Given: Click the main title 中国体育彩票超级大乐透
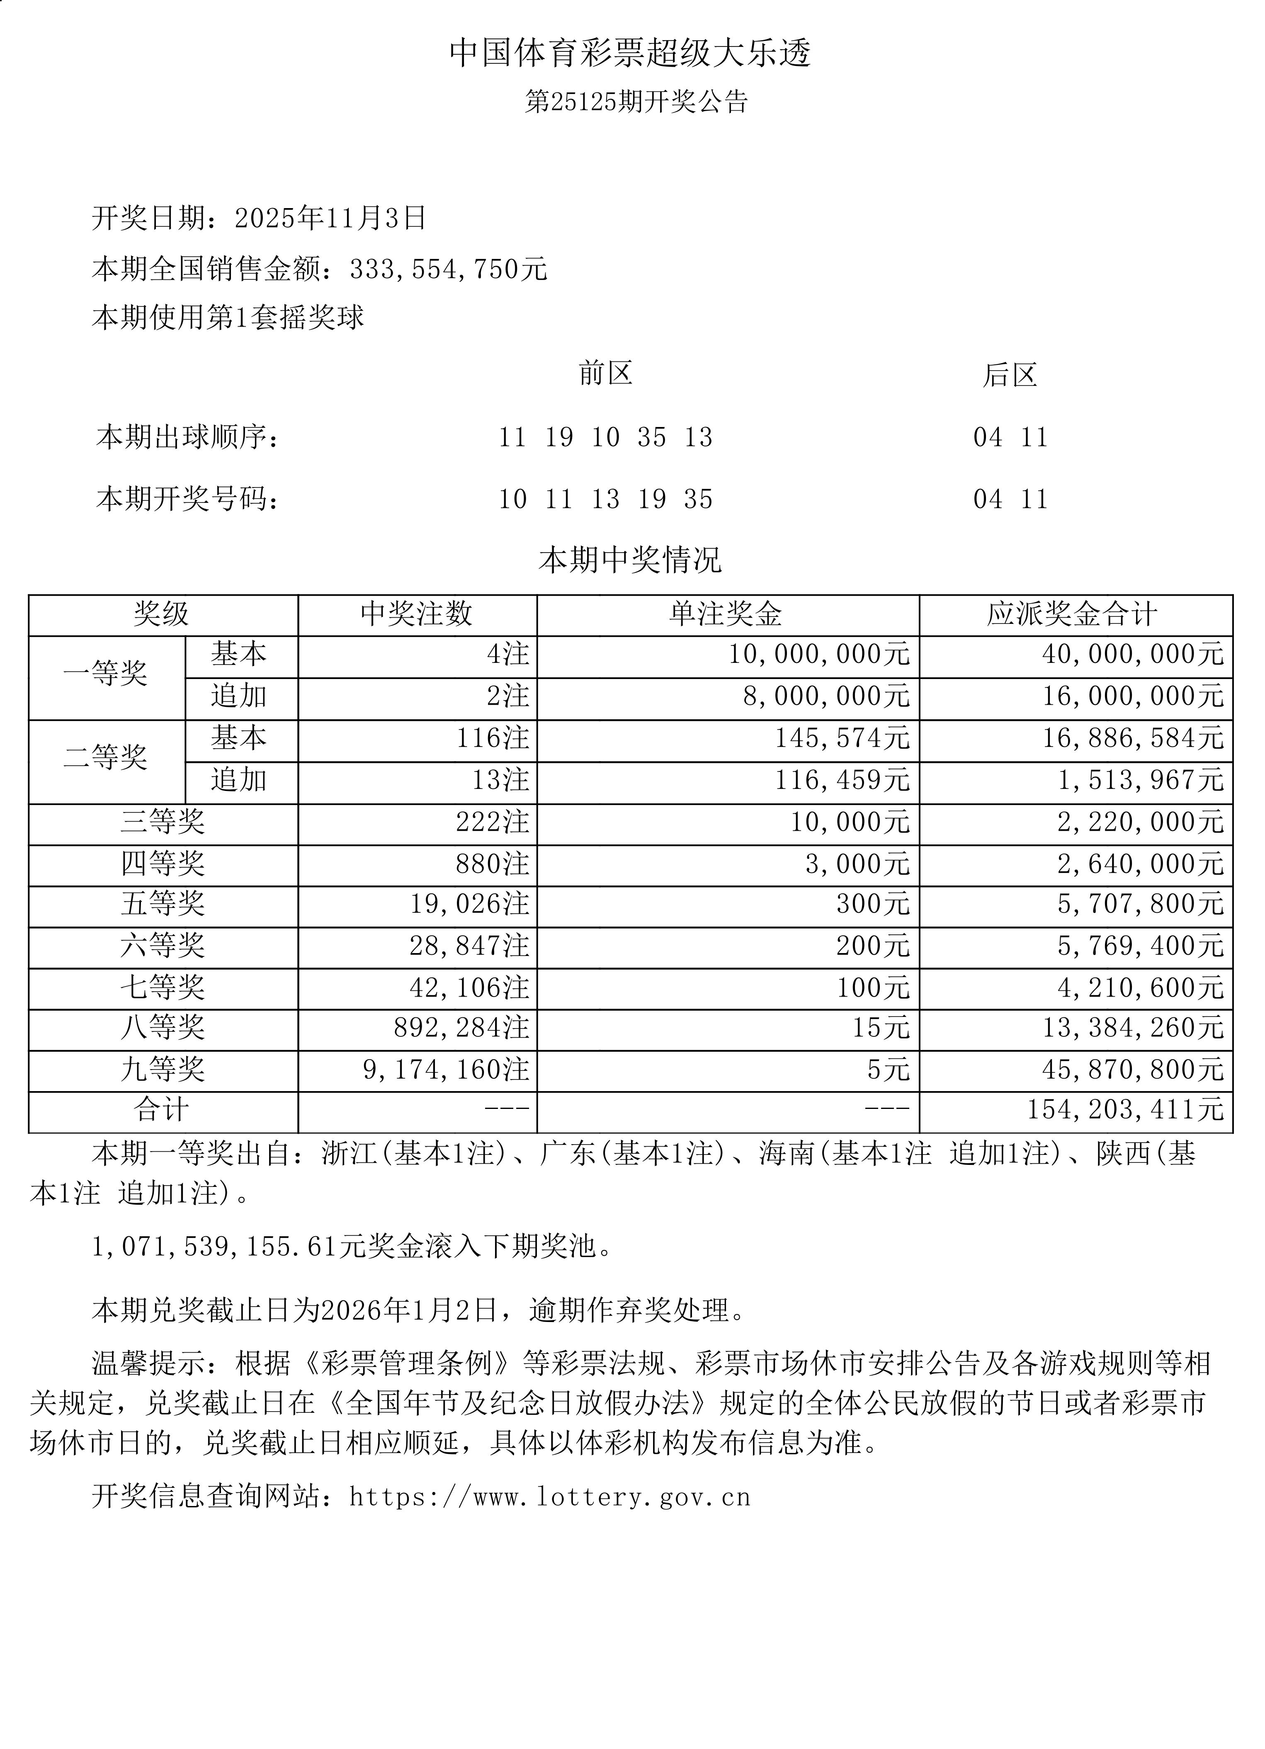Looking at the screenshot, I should coord(630,53).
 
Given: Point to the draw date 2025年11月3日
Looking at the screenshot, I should coord(330,218).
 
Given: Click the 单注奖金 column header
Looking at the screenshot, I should coord(726,615).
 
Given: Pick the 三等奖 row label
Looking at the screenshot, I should coord(163,822).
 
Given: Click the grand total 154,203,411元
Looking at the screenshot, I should coord(1124,1111).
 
